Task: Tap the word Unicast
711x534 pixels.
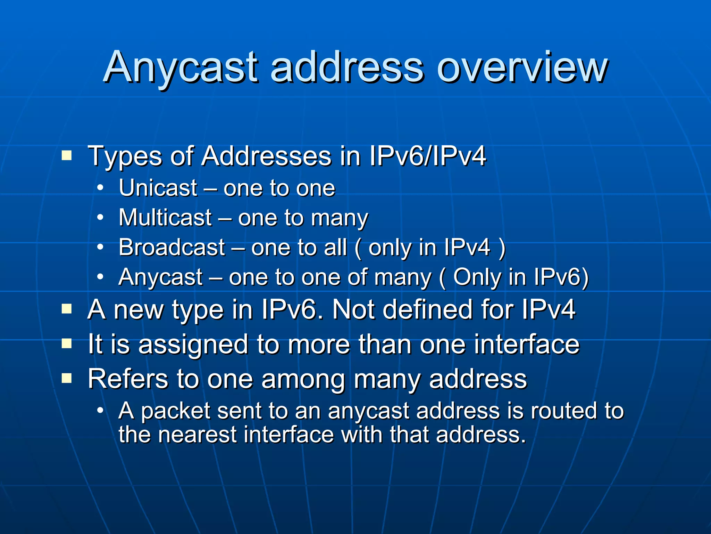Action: point(158,188)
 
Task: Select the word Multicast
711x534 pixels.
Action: point(165,218)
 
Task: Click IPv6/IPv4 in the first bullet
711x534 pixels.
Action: point(427,156)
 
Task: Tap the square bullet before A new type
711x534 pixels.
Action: point(66,309)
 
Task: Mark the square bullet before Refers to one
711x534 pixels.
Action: point(66,378)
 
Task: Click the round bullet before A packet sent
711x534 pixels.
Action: point(100,410)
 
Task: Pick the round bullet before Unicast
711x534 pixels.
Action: point(100,188)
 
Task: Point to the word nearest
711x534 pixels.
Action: point(197,435)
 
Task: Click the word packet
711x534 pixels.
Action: point(176,411)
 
